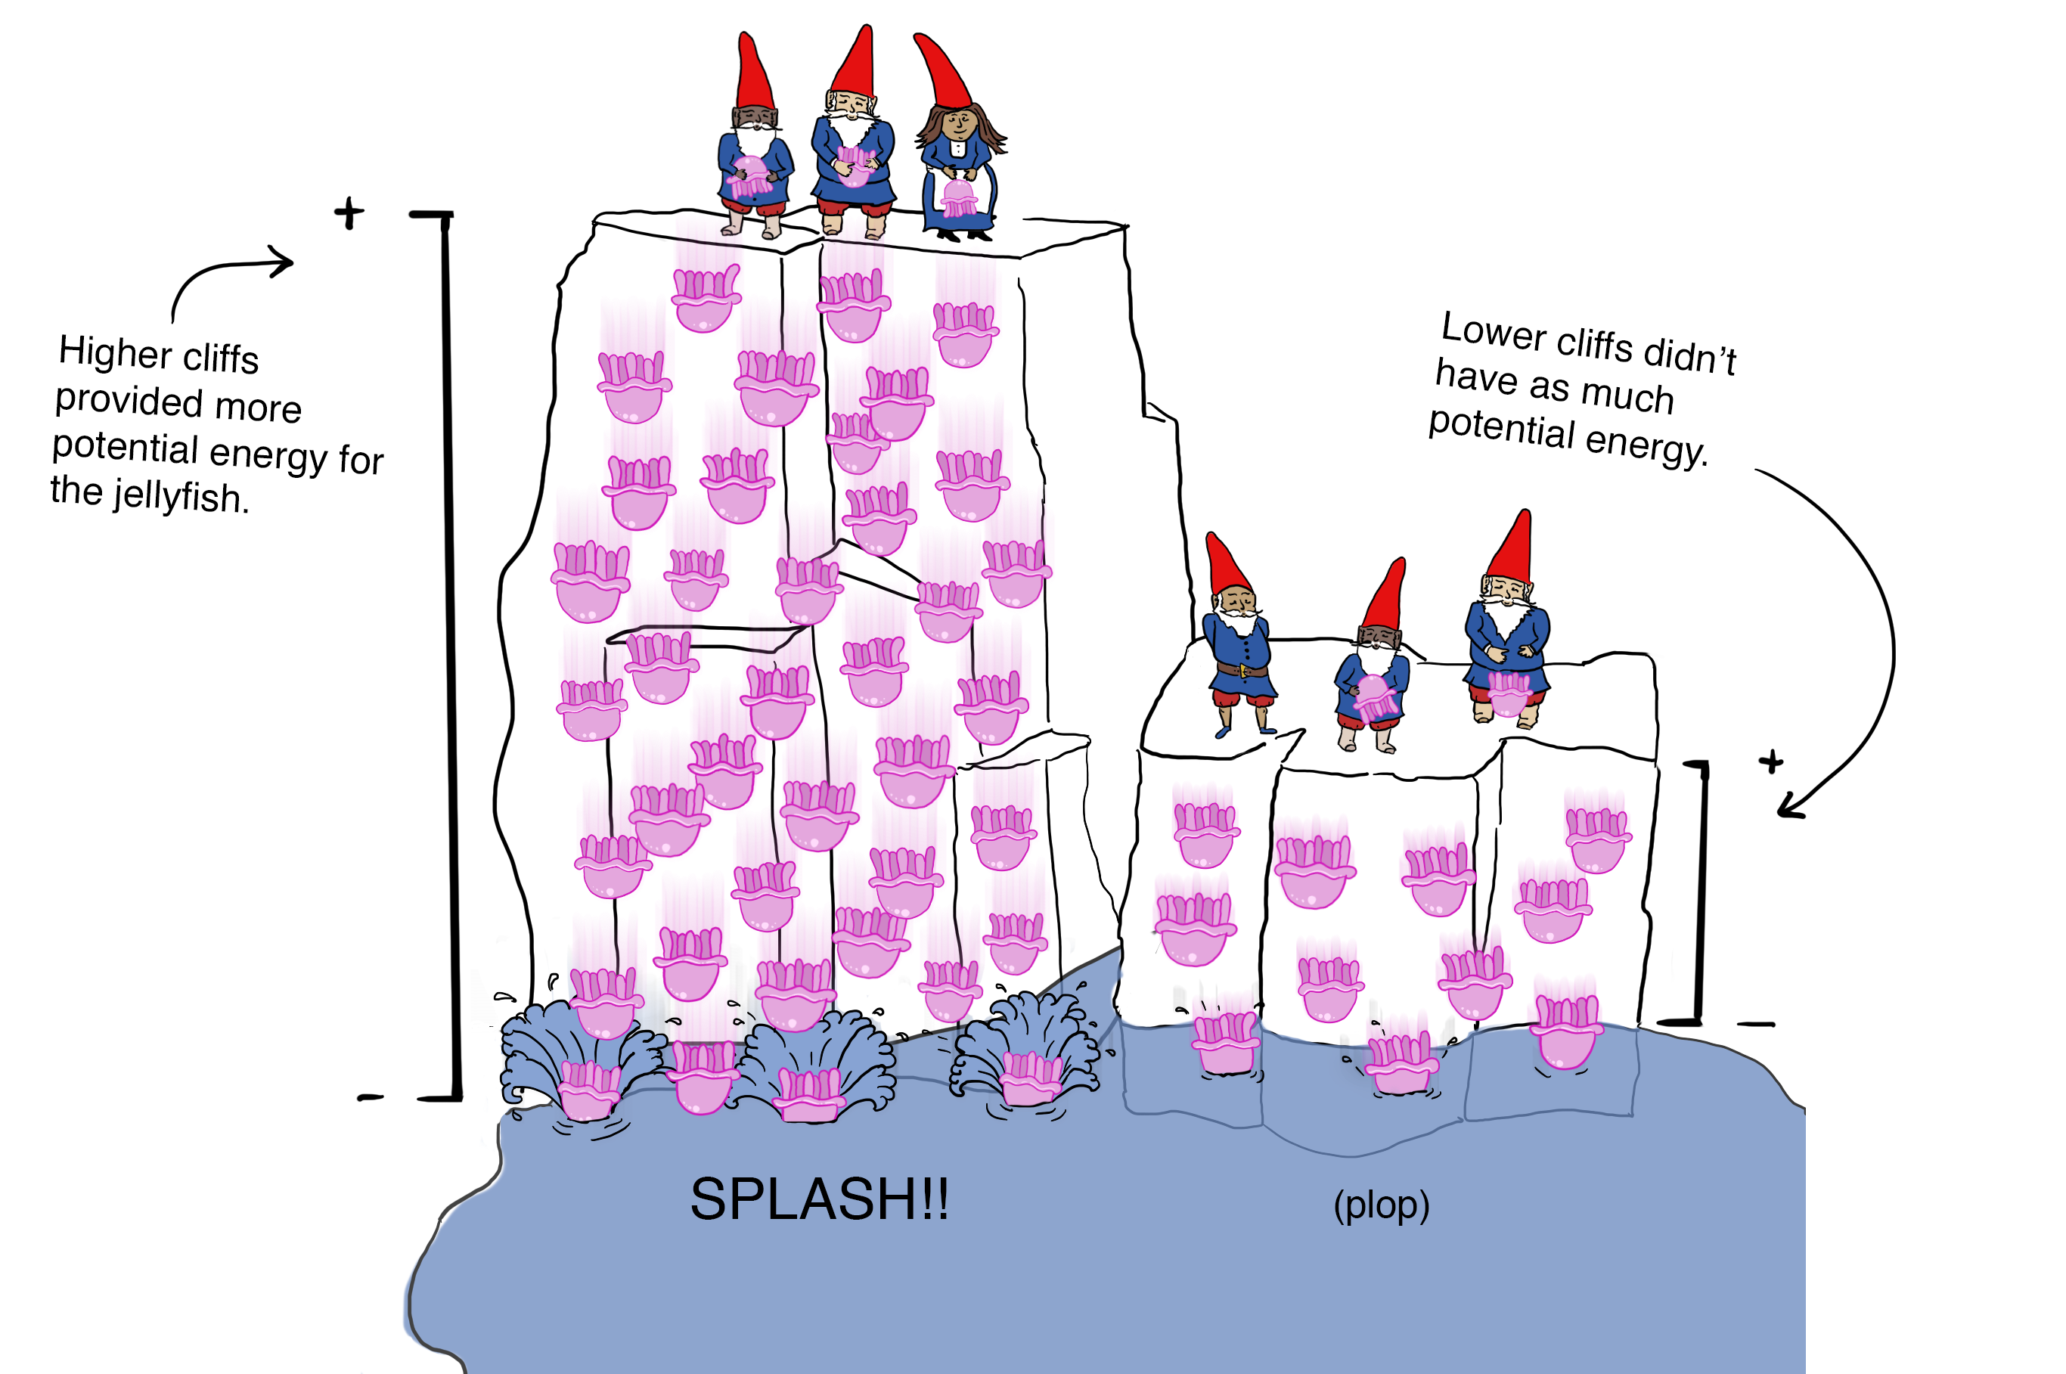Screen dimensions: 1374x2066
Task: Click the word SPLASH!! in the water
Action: pyautogui.click(x=818, y=1199)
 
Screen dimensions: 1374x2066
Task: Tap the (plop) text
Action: pyautogui.click(x=1381, y=1206)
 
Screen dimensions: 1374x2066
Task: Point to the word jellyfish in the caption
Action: pyautogui.click(x=181, y=495)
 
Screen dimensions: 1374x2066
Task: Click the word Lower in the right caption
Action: pyautogui.click(x=1493, y=331)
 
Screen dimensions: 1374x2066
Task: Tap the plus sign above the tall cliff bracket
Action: pyautogui.click(x=349, y=213)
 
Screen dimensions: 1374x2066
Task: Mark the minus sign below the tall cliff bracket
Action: pyautogui.click(x=370, y=1097)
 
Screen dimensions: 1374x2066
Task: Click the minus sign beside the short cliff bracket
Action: pyautogui.click(x=1755, y=1023)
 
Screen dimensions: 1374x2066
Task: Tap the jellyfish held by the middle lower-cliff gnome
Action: pyautogui.click(x=1375, y=696)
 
